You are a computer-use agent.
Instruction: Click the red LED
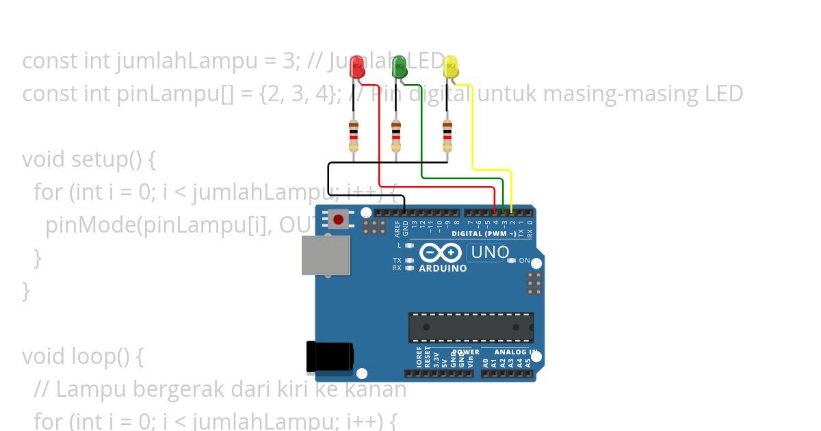point(357,67)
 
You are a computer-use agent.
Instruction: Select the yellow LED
point(450,67)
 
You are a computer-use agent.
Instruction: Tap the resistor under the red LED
point(354,135)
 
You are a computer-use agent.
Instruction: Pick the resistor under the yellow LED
point(447,135)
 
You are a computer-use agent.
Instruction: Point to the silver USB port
point(326,254)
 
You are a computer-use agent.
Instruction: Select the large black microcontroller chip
point(471,327)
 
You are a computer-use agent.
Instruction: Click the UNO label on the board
point(490,252)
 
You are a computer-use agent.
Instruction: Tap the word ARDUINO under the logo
point(443,269)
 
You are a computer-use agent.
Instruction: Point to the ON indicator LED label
point(524,261)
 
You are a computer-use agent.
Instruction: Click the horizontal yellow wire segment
point(492,169)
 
